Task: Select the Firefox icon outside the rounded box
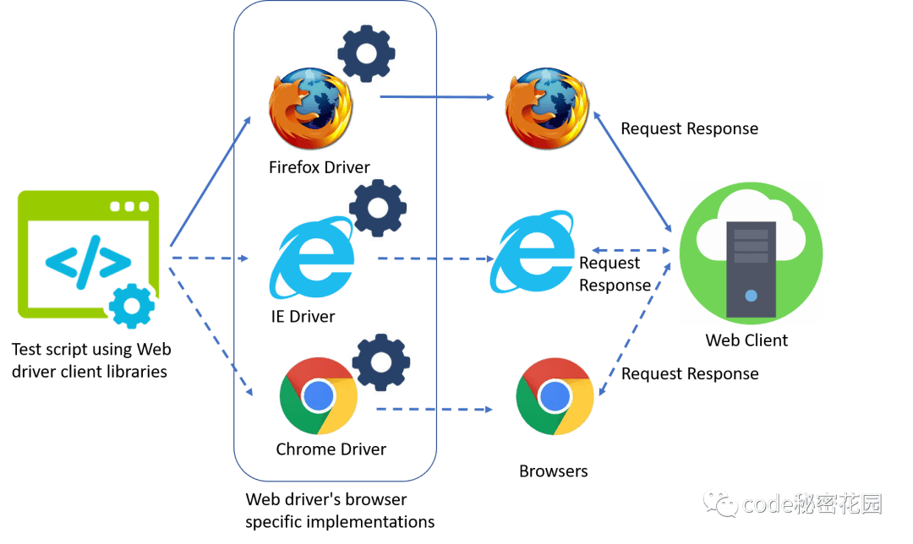pyautogui.click(x=546, y=110)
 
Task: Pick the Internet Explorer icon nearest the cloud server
pyautogui.click(x=536, y=252)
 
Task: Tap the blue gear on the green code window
pyautogui.click(x=132, y=307)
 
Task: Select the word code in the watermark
pyautogui.click(x=768, y=504)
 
